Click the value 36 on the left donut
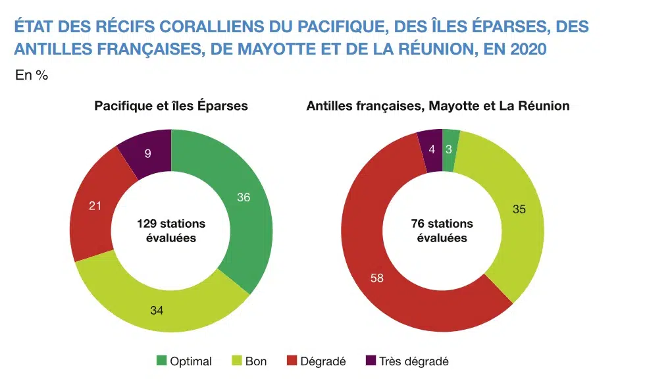coord(243,197)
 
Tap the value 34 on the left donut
coord(157,309)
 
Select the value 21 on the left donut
coord(95,206)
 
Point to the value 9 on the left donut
coord(147,153)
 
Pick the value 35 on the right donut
coord(520,209)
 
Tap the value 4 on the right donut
coord(431,149)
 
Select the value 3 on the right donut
coord(449,149)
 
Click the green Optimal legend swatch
coord(161,361)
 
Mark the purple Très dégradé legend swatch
coord(370,361)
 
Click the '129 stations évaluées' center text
coord(171,230)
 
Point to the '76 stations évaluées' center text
coord(442,230)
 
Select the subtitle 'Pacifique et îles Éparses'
coord(171,105)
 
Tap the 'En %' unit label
coord(32,75)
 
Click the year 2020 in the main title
coord(528,49)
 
